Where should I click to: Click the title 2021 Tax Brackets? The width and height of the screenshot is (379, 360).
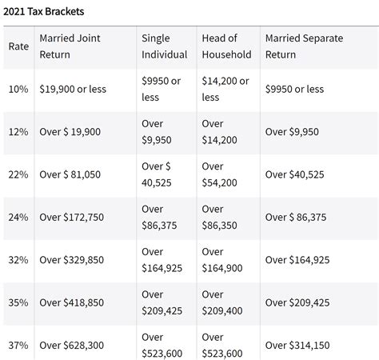pos(44,12)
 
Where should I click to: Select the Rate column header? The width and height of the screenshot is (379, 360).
pos(18,46)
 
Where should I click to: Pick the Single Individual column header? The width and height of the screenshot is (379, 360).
pos(164,46)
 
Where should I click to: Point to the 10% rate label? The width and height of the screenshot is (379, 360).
pos(18,89)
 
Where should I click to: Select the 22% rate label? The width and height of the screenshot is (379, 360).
pos(18,174)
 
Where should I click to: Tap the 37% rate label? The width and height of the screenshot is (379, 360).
pos(18,345)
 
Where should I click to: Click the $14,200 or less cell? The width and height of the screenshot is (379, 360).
pos(225,89)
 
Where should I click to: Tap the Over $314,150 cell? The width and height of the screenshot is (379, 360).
pos(297,345)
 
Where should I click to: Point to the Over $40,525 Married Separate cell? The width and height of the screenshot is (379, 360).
pos(297,174)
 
